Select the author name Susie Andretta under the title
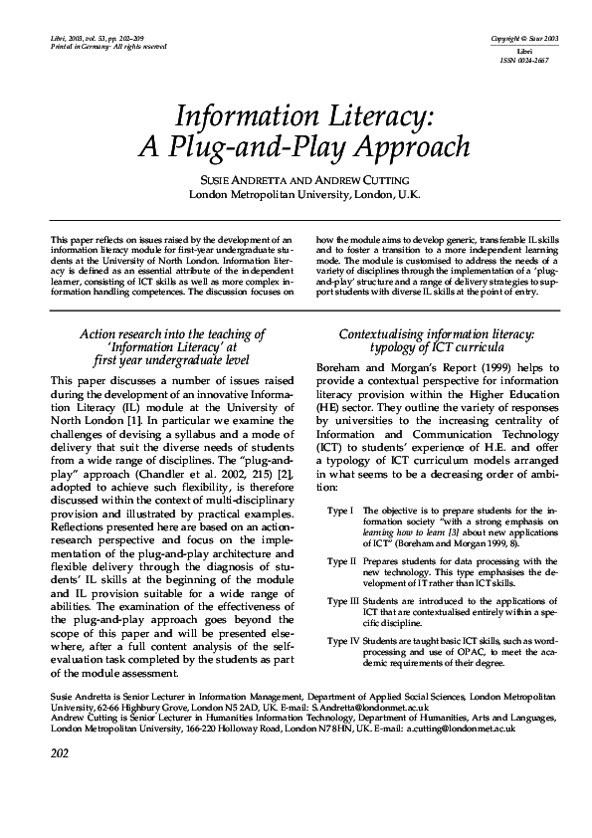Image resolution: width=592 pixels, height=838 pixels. click(x=247, y=178)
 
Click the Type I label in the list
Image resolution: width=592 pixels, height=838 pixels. click(x=340, y=511)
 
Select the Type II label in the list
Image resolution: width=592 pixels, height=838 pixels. click(x=341, y=562)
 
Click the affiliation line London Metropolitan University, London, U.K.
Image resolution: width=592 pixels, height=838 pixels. click(x=304, y=194)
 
